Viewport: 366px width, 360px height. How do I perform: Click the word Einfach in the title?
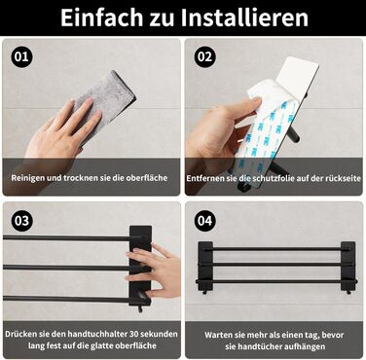click(x=101, y=18)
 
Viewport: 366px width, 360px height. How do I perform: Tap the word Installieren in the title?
click(x=244, y=18)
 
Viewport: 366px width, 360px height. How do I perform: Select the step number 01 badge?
click(x=22, y=56)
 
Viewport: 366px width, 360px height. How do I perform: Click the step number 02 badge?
click(x=204, y=56)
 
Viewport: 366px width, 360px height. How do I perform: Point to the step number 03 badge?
click(x=22, y=221)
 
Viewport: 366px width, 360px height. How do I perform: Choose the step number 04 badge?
click(x=204, y=221)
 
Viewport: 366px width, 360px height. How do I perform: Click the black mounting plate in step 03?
click(x=140, y=266)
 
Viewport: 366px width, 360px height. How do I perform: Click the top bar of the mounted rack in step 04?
click(x=275, y=249)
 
